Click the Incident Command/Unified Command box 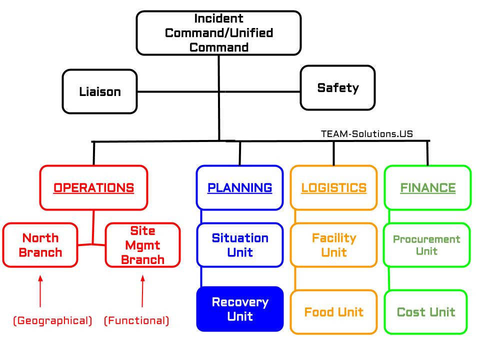218,33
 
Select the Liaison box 100,91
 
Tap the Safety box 338,88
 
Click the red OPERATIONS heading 94,188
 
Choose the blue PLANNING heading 240,188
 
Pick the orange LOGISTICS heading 333,188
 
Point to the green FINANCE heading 427,188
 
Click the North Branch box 40,245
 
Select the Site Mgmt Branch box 142,245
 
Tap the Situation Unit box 240,245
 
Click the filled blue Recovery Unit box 240,309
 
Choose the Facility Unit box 333,245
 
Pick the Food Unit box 333,312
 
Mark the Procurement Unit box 426,245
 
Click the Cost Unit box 426,312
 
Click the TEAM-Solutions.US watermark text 367,134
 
